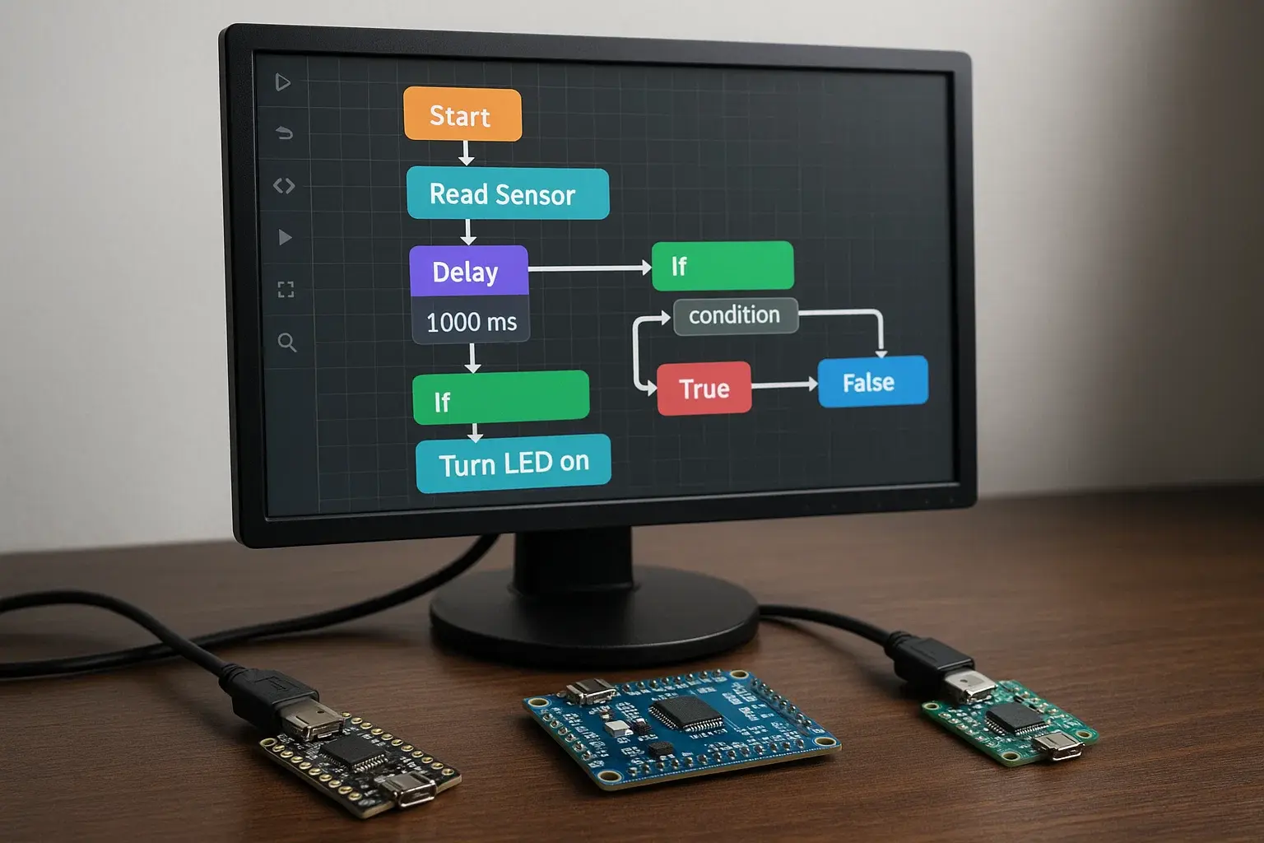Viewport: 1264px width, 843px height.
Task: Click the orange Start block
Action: click(462, 114)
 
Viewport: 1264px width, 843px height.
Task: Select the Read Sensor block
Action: click(507, 193)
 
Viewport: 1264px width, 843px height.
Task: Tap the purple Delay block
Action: click(468, 271)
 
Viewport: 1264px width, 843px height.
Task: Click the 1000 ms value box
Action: click(471, 322)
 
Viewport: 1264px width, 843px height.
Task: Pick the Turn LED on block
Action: click(513, 463)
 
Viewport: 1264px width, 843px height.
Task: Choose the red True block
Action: click(704, 388)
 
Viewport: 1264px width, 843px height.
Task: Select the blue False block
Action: click(872, 381)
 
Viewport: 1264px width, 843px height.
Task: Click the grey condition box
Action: click(735, 315)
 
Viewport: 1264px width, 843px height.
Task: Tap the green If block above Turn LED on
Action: click(500, 398)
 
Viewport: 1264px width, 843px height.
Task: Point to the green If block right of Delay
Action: click(723, 266)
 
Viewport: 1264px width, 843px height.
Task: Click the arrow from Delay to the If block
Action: click(588, 268)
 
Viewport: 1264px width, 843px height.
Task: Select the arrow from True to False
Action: click(783, 384)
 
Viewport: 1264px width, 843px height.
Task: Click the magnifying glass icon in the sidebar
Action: click(286, 342)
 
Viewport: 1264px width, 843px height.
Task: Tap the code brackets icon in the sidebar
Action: click(284, 186)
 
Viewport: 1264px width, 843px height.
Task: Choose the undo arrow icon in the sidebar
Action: click(284, 133)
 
